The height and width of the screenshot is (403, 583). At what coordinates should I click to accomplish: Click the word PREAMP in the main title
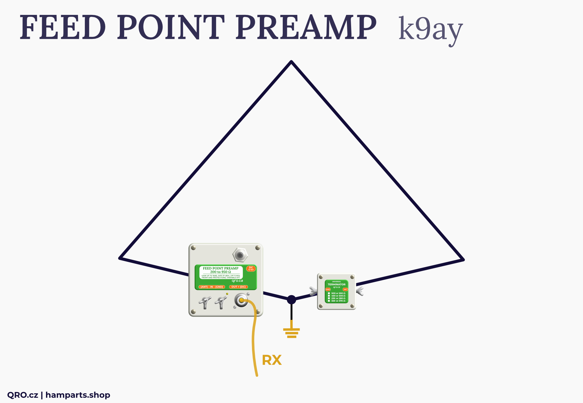pos(306,28)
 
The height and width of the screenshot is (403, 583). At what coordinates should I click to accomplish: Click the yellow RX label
pos(271,360)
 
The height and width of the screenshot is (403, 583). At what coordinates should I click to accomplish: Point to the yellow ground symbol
pos(291,332)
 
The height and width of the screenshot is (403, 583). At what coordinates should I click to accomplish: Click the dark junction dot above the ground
pos(291,300)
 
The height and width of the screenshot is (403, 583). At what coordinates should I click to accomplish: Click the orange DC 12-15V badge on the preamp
pos(251,269)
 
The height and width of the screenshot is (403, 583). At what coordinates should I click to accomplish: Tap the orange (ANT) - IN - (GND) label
pos(211,287)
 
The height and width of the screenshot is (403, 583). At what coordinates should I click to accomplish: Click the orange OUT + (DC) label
pos(238,287)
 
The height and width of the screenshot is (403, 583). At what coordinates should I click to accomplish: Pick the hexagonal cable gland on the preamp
pos(240,255)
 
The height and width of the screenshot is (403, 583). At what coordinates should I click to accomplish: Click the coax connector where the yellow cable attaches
pos(241,300)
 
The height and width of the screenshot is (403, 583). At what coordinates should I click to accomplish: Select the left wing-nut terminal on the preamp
pos(205,303)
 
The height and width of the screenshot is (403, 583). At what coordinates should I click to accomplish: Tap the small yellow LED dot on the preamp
pos(227,294)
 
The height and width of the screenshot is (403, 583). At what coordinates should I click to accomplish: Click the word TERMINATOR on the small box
pos(337,284)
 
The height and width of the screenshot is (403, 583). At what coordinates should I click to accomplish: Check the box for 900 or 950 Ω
pos(329,293)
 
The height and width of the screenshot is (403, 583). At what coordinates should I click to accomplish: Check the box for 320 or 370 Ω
pos(329,301)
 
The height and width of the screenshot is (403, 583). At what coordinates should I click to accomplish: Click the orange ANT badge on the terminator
pos(345,289)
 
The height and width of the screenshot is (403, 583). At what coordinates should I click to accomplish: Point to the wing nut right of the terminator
pos(360,291)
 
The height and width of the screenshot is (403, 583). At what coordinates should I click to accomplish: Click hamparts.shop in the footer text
pos(78,395)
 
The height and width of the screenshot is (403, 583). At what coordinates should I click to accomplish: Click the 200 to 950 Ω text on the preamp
pos(221,272)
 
